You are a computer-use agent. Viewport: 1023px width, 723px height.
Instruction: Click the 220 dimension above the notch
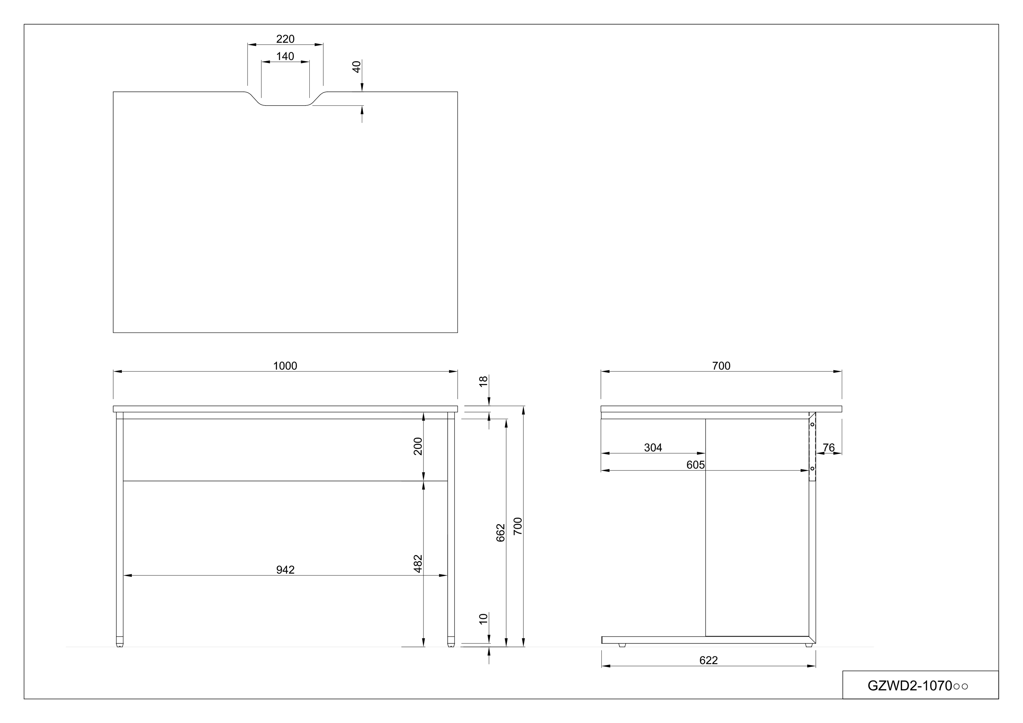[285, 39]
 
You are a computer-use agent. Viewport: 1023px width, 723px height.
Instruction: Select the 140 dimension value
[285, 56]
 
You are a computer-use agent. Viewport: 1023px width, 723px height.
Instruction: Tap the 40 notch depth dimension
[356, 67]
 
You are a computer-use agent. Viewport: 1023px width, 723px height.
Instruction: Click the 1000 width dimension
[285, 366]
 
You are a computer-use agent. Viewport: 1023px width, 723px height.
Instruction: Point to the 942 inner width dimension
[285, 570]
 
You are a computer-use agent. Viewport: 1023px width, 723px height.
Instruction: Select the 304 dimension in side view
[653, 448]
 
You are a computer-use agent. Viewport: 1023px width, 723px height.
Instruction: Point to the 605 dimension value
[695, 465]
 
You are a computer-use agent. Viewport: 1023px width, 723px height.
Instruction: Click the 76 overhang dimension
[828, 448]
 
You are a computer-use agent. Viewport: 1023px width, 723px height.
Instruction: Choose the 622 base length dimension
[708, 660]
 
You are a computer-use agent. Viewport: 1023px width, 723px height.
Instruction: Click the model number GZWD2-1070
[917, 686]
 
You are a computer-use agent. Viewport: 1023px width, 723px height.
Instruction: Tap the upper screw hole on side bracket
[812, 424]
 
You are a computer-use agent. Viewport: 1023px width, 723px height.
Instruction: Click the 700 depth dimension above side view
[721, 366]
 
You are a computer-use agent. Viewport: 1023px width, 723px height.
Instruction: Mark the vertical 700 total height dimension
[517, 526]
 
